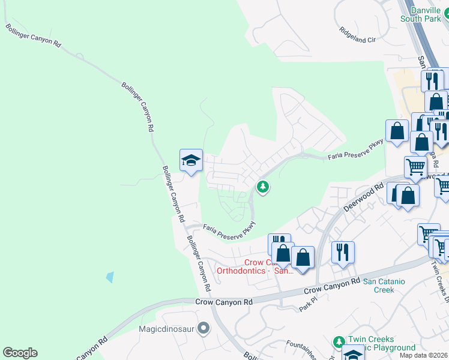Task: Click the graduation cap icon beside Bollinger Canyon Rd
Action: pyautogui.click(x=191, y=160)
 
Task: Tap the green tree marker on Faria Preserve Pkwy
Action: pyautogui.click(x=262, y=187)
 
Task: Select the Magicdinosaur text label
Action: pyautogui.click(x=167, y=328)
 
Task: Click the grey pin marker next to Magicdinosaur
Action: pyautogui.click(x=203, y=328)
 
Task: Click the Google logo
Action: pyautogui.click(x=20, y=353)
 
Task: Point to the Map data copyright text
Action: pyautogui.click(x=424, y=355)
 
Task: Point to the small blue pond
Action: pyautogui.click(x=109, y=277)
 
